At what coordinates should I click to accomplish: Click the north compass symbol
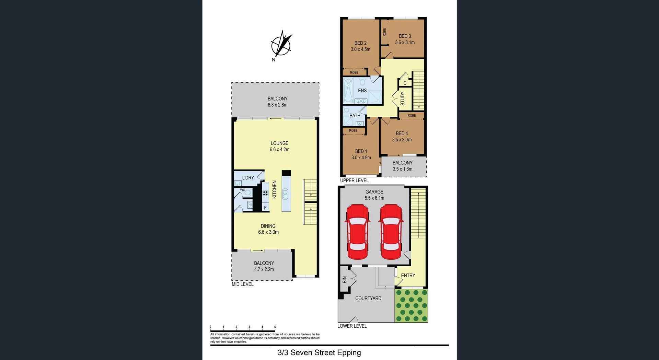[281, 45]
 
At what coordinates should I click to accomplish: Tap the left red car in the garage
[357, 232]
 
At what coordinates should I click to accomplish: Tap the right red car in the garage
[391, 232]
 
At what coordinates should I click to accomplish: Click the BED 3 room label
[405, 39]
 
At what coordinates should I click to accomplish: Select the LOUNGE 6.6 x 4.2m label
[279, 146]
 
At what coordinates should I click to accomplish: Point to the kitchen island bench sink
[285, 195]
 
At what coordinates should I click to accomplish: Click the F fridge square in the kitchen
[265, 207]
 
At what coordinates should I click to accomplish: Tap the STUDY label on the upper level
[403, 98]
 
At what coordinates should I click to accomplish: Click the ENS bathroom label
[362, 91]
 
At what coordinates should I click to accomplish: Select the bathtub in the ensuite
[348, 90]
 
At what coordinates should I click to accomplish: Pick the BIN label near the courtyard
[345, 280]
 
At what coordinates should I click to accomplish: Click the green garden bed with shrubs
[411, 305]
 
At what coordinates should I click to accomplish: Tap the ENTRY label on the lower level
[408, 276]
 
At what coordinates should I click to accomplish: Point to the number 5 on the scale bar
[275, 327]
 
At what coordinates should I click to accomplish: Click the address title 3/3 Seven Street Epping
[319, 352]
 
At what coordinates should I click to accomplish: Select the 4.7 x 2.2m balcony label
[264, 266]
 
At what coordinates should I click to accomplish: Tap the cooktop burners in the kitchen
[265, 193]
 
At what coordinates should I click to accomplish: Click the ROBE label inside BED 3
[384, 32]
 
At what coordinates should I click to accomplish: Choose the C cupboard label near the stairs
[405, 83]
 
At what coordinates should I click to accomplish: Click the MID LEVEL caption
[243, 284]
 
